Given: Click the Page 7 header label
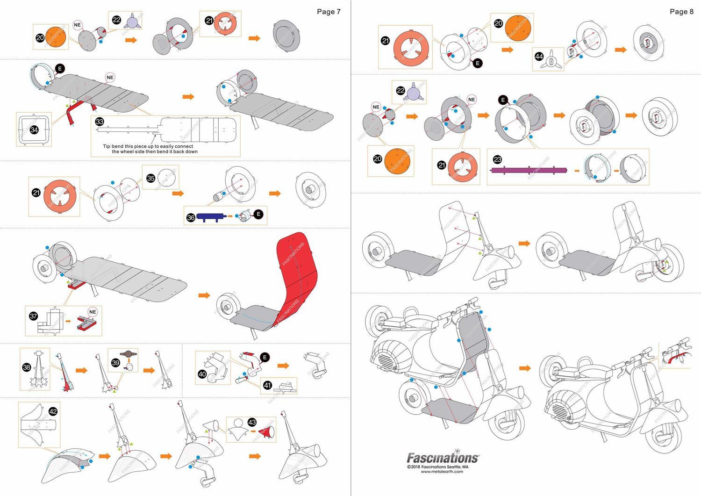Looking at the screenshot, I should [x=329, y=12].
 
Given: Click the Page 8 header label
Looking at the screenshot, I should [x=681, y=12].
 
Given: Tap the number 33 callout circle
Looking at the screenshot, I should [x=100, y=122].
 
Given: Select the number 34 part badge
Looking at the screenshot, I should [x=34, y=129].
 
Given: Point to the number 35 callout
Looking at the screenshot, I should [x=150, y=178].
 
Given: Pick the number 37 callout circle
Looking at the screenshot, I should [x=34, y=316].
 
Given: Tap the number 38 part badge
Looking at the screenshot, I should [x=27, y=367].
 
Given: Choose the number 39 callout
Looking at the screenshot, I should [x=115, y=363].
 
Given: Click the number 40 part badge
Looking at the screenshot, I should [x=202, y=374].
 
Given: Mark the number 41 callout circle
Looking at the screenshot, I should [x=267, y=385].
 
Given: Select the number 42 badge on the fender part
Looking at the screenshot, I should [x=53, y=411].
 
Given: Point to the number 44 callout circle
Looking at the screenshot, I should [x=539, y=56].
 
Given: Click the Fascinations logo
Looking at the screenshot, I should [x=442, y=458].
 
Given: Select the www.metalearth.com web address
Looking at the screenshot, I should [x=442, y=472].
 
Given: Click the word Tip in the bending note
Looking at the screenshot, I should [x=107, y=146].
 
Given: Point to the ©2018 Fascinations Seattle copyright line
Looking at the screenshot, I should [x=437, y=467].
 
